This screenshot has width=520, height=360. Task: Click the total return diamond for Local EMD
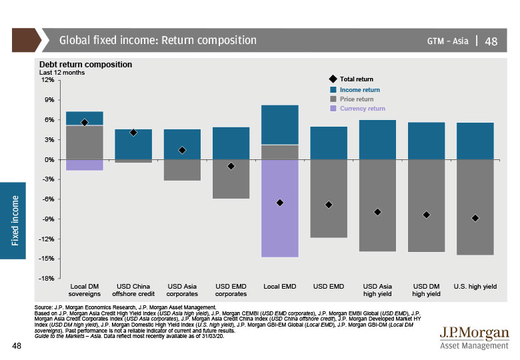tap(280, 202)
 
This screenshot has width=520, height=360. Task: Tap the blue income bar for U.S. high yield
tap(475, 141)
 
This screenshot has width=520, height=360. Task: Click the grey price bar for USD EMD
tap(329, 199)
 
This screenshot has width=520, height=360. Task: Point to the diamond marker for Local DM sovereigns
tap(85, 123)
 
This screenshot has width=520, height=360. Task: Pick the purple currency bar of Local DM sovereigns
tap(85, 165)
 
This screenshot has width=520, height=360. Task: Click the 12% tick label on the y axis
tap(47, 80)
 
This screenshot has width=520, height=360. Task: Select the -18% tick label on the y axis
tap(46, 279)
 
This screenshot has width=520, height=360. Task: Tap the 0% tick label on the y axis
tap(49, 160)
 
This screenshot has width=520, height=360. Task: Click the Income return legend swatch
tap(334, 89)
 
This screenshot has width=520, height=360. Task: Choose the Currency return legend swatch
tap(334, 108)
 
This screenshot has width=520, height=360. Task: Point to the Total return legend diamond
tap(334, 79)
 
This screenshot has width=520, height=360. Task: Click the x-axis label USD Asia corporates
tap(182, 290)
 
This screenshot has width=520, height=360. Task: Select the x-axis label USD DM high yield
tap(426, 290)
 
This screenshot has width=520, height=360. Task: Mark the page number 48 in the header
tap(491, 41)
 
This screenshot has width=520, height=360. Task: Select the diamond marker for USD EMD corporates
tap(231, 166)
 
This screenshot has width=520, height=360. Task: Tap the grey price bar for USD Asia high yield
tap(377, 205)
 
